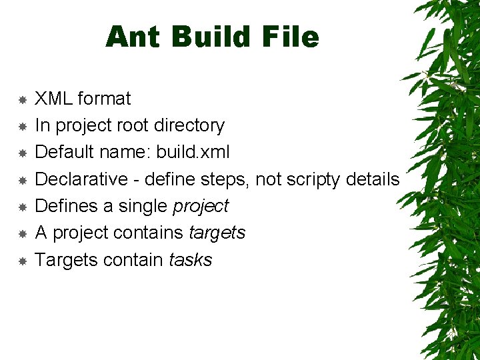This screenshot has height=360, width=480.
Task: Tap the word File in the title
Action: tap(291, 37)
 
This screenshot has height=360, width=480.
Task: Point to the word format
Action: tap(104, 99)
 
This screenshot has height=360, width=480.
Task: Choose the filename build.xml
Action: tap(193, 152)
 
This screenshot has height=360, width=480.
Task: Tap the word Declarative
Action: tap(81, 179)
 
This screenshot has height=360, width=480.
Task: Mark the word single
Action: tap(143, 207)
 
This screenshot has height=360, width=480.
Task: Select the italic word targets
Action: tap(217, 233)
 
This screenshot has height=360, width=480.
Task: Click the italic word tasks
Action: tap(191, 260)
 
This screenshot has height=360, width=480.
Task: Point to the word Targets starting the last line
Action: tap(67, 260)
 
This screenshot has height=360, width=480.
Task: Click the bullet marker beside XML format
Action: tap(22, 99)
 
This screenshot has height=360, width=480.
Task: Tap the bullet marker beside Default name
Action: tap(22, 153)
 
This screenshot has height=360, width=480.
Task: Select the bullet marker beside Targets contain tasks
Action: tap(22, 261)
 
